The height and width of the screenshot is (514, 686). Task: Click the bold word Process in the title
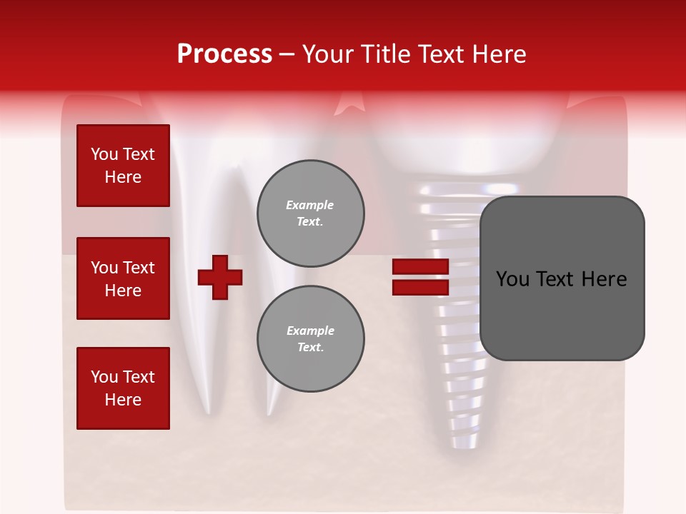(x=224, y=54)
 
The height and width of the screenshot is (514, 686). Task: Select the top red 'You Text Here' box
(x=123, y=166)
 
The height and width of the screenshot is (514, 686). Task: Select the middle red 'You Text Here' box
(x=123, y=278)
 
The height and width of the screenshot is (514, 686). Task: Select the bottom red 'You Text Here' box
(x=123, y=388)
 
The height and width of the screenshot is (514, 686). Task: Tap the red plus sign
(x=220, y=277)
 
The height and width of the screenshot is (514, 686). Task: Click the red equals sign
(x=420, y=277)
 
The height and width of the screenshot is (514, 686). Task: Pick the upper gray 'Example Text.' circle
(x=311, y=213)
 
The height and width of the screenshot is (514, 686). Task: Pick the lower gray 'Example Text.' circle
(x=311, y=339)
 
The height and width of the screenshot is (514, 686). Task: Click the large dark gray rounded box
(x=562, y=278)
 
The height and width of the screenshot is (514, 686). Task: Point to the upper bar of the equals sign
(x=420, y=266)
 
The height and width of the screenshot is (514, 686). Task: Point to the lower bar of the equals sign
(x=420, y=287)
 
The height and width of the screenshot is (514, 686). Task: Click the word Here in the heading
(x=499, y=54)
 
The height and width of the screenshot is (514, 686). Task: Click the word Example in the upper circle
(x=310, y=205)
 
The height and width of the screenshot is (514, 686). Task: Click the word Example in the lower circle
(x=310, y=331)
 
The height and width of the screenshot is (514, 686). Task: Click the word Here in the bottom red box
(x=123, y=400)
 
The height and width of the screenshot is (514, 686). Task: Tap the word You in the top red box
(x=104, y=154)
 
